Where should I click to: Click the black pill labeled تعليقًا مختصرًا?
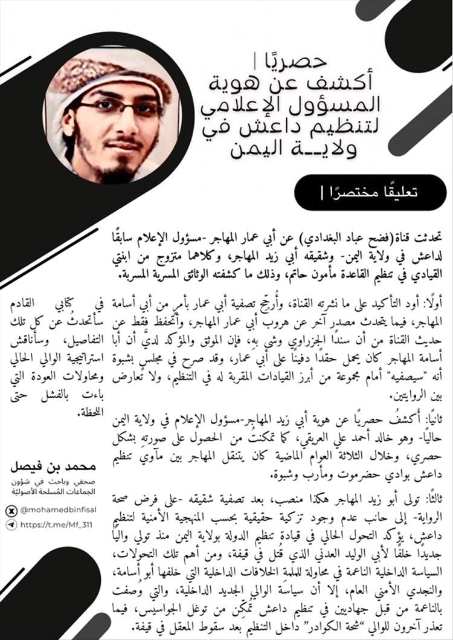tap(370, 193)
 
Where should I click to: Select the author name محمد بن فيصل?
tap(54, 468)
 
